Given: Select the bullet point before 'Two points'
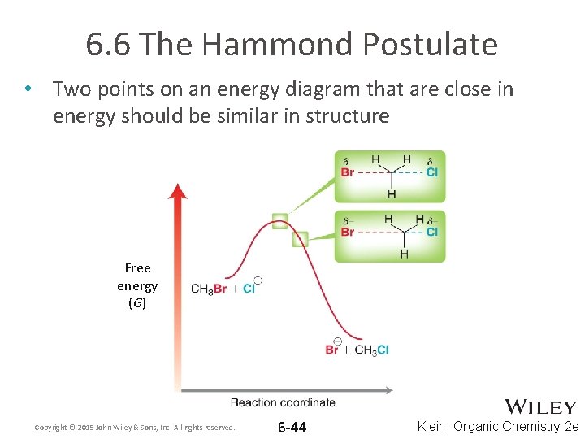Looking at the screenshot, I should click(28, 89).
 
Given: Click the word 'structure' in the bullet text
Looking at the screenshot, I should click(347, 115).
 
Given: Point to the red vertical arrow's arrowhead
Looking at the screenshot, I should click(178, 192).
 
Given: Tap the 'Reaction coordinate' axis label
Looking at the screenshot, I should click(283, 402).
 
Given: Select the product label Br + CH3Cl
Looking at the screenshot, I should click(357, 350).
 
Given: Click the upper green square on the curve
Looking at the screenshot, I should click(279, 219).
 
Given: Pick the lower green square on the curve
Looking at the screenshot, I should click(300, 238).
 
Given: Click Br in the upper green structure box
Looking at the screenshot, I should click(348, 172).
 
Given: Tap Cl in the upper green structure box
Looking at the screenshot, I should click(432, 172).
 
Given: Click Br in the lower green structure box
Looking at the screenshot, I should click(348, 232).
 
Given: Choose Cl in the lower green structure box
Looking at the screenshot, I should click(432, 232).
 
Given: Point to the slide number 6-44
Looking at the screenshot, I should click(292, 428).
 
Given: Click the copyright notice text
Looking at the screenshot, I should click(134, 428).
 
